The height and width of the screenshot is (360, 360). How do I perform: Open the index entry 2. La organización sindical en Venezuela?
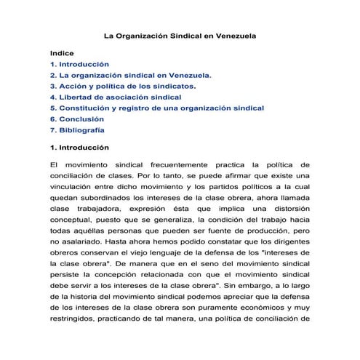[x=131, y=75]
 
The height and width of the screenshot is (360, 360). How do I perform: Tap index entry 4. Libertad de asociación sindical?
[x=116, y=97]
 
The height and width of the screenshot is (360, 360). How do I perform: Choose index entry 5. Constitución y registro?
[x=156, y=108]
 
